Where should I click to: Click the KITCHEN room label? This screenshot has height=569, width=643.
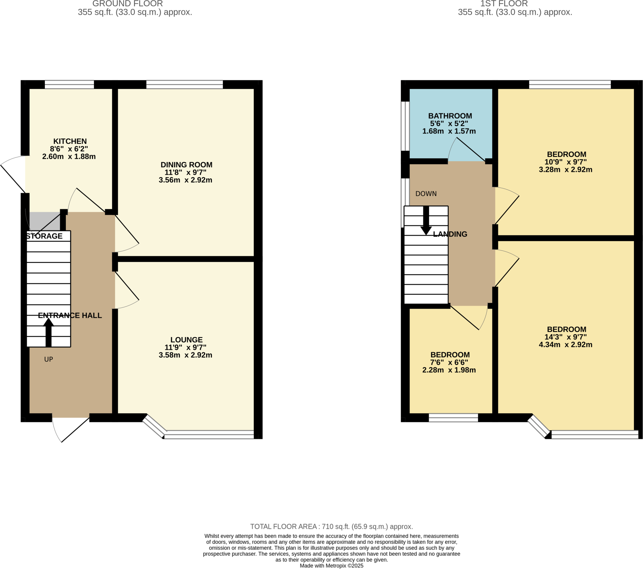[70, 141]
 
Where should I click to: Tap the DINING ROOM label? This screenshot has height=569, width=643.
[186, 165]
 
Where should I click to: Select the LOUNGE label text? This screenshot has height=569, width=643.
[186, 339]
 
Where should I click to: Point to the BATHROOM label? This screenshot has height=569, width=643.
[450, 116]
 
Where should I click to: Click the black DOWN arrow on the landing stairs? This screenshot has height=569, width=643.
[426, 220]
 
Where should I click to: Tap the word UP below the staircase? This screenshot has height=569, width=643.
[48, 360]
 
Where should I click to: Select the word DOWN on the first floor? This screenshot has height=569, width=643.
[426, 193]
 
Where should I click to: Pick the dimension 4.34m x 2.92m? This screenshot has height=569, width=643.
[565, 344]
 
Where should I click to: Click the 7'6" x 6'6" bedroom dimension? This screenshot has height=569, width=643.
[449, 362]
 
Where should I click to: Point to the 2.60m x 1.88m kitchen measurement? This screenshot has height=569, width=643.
[69, 156]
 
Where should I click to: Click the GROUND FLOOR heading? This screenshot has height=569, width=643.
[127, 4]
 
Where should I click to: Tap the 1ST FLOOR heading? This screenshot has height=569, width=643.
[504, 4]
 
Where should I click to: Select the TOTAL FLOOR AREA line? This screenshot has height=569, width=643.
[331, 527]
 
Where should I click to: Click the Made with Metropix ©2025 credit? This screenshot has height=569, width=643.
[331, 566]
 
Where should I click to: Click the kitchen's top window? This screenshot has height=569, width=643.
[69, 84]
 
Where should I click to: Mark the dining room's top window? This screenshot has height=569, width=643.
[184, 84]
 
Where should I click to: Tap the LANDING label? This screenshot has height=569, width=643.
[450, 234]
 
